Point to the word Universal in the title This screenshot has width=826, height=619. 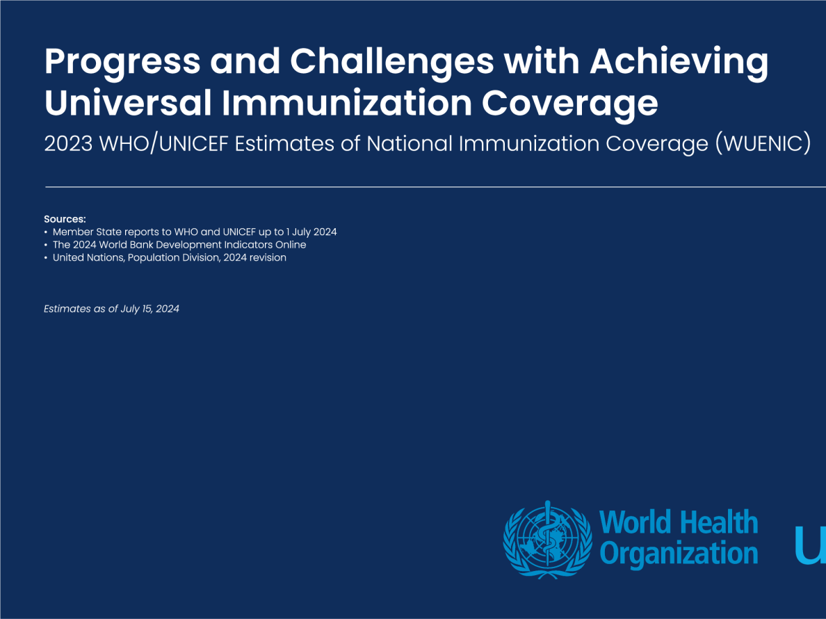[128, 102]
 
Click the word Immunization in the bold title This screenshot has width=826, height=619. [347, 102]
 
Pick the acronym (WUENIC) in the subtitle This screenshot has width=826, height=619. [763, 144]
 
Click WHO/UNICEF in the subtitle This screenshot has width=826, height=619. [164, 144]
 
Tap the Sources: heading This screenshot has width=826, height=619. [65, 219]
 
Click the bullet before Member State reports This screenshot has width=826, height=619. [46, 232]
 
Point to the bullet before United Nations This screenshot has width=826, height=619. [46, 258]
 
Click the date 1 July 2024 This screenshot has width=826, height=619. [311, 232]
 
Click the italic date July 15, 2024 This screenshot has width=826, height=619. [149, 309]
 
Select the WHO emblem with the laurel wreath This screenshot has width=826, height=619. [547, 540]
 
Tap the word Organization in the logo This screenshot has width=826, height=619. [679, 553]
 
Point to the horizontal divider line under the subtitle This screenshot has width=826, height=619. [436, 186]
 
